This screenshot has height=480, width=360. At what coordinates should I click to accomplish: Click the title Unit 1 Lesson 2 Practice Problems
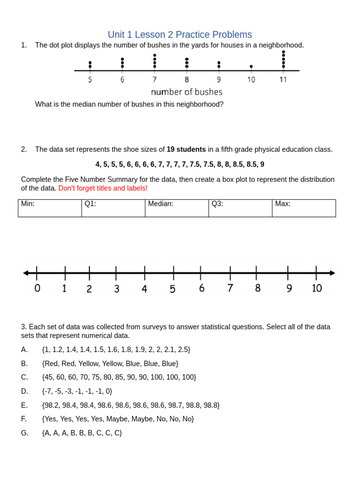[x=180, y=35]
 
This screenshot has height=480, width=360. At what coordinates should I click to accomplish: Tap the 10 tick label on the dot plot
[x=251, y=80]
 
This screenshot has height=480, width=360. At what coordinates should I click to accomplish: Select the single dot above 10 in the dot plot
[x=251, y=67]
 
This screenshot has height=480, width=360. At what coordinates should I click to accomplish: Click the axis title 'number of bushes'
[x=187, y=92]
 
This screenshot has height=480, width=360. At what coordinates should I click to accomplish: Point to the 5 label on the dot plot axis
[x=90, y=80]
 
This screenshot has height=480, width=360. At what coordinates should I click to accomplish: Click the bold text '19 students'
[x=186, y=150]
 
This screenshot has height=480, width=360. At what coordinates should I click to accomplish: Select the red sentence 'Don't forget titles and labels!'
[x=103, y=188]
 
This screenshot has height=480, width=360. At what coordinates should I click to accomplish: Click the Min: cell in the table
[x=50, y=208]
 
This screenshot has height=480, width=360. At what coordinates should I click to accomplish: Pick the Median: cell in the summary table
[x=177, y=208]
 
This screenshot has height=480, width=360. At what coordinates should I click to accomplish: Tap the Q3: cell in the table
[x=240, y=208]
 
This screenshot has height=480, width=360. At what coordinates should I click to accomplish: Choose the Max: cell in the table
[x=304, y=208]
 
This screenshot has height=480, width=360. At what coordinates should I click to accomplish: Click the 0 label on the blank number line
[x=37, y=288]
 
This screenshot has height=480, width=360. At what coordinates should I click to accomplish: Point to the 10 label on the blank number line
[x=317, y=288]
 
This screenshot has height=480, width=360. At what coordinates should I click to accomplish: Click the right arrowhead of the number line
[x=332, y=273]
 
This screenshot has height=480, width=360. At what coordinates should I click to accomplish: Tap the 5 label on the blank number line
[x=172, y=289]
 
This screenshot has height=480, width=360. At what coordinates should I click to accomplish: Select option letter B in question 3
[x=24, y=363]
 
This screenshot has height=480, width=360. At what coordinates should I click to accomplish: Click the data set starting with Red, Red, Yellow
[x=110, y=363]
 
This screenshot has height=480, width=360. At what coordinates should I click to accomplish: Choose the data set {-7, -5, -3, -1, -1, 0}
[x=77, y=391]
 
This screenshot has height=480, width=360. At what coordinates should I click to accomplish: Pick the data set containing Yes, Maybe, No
[x=118, y=419]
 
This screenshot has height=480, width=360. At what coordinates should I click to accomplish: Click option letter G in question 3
[x=25, y=433]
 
